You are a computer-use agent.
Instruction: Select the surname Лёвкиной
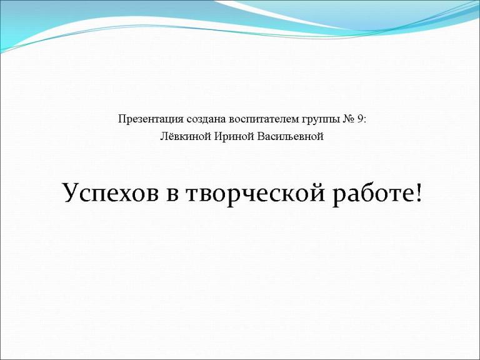186,136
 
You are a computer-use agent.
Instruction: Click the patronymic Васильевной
290,136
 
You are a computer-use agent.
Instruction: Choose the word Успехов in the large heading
111,194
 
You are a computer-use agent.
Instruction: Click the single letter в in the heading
172,196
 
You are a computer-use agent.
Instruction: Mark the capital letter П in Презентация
122,119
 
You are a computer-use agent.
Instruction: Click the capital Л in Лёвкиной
164,136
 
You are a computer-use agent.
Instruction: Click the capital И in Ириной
218,136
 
